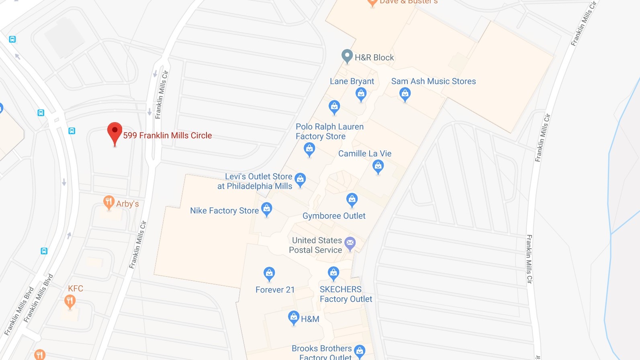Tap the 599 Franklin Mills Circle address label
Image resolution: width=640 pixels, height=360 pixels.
(168, 135)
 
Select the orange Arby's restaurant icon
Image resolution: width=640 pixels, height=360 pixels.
(108, 202)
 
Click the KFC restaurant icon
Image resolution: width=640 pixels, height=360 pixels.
(70, 301)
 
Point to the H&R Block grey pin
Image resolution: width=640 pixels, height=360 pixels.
(347, 56)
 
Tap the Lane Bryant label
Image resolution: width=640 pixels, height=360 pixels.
(352, 81)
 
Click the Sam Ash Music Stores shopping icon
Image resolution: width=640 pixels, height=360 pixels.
(405, 94)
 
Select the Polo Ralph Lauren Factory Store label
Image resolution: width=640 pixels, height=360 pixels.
(329, 131)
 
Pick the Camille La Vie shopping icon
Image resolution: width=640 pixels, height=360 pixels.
(378, 166)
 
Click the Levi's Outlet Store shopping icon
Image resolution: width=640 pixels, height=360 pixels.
(300, 179)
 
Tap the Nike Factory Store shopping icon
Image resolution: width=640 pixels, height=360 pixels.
(267, 209)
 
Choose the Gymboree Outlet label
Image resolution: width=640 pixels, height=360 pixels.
(334, 216)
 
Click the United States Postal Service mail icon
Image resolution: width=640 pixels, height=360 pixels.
(350, 243)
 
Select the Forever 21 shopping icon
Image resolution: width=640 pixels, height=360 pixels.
(269, 274)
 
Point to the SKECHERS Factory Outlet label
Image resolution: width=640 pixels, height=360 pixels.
(346, 294)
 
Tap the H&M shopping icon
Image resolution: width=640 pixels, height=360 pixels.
(294, 317)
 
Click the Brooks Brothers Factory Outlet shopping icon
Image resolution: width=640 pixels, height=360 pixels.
(360, 351)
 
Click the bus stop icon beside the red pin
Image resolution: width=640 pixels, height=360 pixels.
(72, 131)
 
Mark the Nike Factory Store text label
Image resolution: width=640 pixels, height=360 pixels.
(224, 211)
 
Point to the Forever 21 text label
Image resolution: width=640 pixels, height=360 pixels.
(275, 290)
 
